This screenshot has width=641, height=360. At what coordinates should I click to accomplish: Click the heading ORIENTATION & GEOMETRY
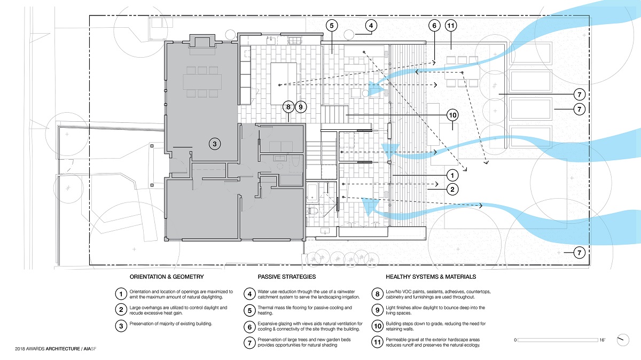coord(167,277)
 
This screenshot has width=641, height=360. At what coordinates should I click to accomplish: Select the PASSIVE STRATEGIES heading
coord(286,277)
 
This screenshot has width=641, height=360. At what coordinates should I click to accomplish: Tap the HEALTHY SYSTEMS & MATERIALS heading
coord(431,277)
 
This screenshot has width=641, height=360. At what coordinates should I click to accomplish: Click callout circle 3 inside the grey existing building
coord(214,143)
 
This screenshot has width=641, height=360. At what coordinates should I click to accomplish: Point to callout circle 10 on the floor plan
coord(452,115)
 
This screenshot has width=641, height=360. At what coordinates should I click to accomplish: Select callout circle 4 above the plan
coord(372,25)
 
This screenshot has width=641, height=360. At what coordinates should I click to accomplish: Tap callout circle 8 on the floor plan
coord(288,107)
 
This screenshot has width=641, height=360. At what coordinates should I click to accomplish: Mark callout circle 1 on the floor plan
coord(452,175)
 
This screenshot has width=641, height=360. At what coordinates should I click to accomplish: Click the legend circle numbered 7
coord(249,342)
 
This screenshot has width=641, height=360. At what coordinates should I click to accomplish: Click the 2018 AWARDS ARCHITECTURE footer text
coord(56,349)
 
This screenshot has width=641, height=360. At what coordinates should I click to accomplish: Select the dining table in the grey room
coord(202,82)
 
